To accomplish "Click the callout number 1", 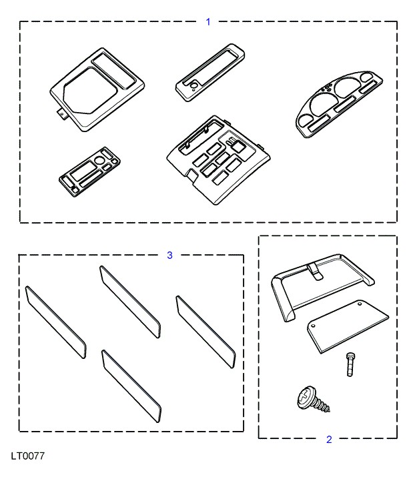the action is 208,22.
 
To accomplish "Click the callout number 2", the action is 329,440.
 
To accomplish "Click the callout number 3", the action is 170,256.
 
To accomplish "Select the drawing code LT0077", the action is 28,456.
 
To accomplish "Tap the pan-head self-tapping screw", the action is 313,400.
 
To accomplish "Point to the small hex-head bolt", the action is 350,364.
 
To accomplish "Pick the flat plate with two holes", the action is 348,326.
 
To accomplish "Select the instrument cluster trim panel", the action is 339,104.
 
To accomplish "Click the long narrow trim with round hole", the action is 210,72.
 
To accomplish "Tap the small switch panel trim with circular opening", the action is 89,172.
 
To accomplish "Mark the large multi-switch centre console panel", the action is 218,159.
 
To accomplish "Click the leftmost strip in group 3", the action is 55,322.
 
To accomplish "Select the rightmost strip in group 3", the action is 205,332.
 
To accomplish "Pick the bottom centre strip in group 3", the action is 131,386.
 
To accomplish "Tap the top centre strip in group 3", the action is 130,302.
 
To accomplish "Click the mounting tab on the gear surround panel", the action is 63,114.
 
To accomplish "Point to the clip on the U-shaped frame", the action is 315,272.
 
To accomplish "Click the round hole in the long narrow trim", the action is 193,87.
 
